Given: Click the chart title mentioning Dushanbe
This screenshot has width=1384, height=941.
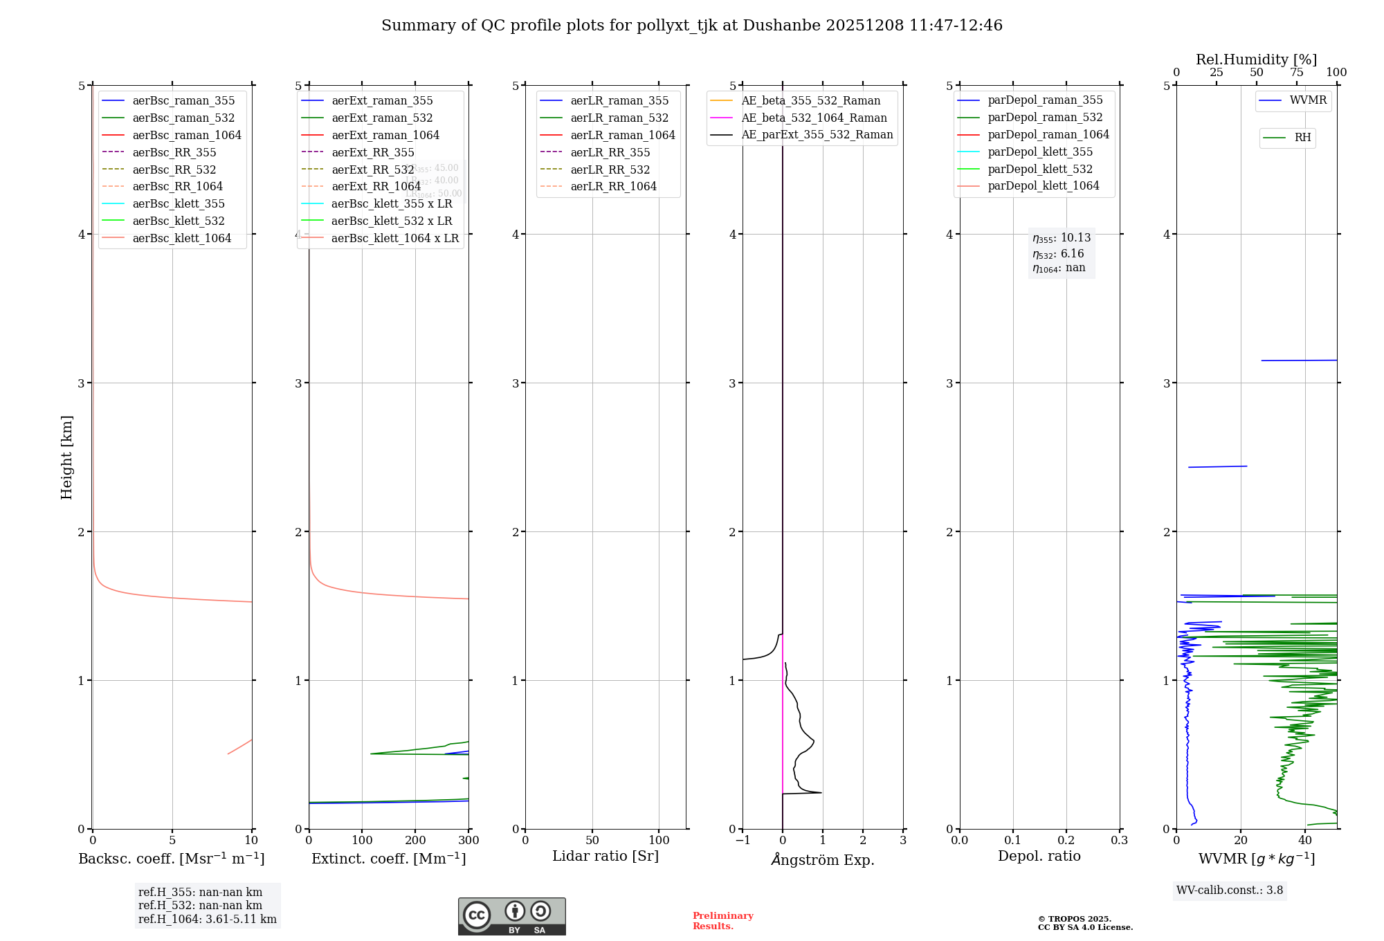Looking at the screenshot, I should click(691, 26).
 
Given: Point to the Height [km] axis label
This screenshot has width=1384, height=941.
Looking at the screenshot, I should click(66, 457).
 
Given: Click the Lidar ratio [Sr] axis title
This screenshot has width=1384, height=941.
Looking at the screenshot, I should click(605, 856).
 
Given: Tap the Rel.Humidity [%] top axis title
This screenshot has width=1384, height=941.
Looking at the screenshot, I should click(1256, 60).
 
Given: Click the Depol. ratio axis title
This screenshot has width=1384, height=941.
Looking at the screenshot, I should click(1039, 856).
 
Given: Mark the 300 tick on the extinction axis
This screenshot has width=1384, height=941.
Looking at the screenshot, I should click(468, 840).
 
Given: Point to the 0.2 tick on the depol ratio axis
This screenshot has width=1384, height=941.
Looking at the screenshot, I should click(1066, 840).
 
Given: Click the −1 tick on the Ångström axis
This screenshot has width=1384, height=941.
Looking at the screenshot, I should click(743, 840).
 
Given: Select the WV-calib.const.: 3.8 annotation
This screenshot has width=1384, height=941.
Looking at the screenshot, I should click(1230, 890).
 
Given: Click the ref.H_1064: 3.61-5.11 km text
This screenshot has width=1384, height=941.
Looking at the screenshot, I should click(207, 919).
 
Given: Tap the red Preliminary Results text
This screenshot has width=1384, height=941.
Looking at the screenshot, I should click(722, 920).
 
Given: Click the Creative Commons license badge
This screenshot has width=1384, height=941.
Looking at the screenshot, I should click(511, 916).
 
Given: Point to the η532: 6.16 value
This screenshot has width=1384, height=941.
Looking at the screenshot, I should click(1059, 254).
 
